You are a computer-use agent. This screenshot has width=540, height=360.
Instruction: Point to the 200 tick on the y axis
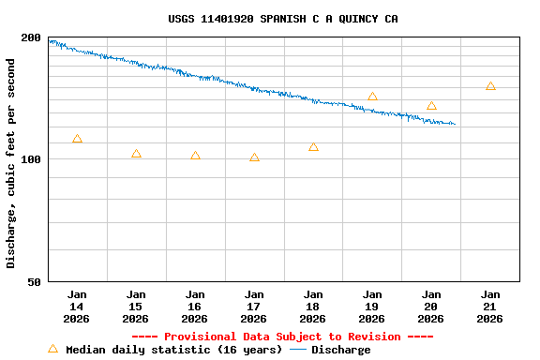click(31, 38)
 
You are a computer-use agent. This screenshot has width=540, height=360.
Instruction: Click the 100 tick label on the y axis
click(31, 159)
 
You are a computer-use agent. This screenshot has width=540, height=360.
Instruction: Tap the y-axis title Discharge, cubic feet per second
click(11, 163)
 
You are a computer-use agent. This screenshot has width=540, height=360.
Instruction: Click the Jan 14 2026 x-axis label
click(77, 307)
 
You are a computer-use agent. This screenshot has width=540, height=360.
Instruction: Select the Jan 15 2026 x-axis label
click(136, 307)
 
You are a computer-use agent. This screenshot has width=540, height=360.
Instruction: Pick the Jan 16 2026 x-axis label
click(195, 307)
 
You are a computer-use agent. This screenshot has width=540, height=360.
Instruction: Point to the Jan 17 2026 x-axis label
click(254, 307)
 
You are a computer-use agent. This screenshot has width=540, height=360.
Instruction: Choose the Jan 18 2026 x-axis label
click(313, 307)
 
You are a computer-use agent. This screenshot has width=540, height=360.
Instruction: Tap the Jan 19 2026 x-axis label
click(372, 307)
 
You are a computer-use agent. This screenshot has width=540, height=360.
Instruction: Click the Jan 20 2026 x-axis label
click(431, 307)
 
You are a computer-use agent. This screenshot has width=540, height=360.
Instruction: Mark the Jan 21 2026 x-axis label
click(490, 307)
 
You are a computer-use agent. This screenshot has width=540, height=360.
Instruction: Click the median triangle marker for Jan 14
click(77, 139)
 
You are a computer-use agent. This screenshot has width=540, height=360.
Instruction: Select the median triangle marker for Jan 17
click(254, 157)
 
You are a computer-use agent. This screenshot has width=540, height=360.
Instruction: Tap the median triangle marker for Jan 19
click(372, 97)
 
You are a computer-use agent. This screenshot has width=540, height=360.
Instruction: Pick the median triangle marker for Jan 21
click(490, 86)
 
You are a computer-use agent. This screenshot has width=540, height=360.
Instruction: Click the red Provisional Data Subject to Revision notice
click(282, 337)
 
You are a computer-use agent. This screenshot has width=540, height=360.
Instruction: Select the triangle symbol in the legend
click(52, 349)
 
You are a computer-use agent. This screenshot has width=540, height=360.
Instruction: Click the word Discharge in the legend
click(340, 350)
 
